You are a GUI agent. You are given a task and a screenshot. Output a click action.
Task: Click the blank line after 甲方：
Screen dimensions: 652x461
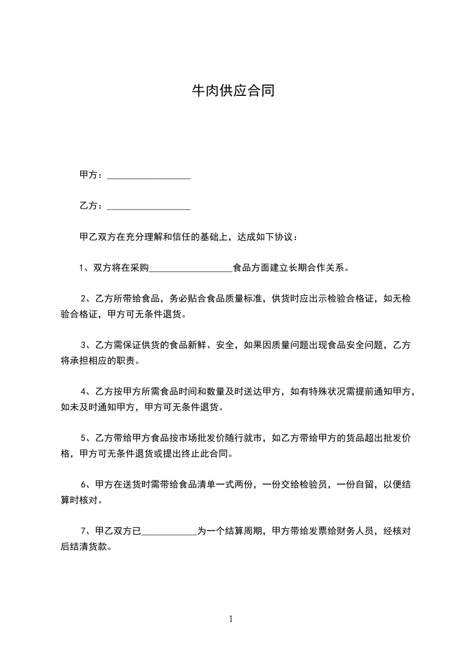coord(149,175)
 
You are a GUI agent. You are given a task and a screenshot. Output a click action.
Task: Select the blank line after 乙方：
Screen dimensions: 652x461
coord(149,206)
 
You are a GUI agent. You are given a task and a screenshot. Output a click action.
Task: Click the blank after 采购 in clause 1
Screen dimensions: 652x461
coord(191,268)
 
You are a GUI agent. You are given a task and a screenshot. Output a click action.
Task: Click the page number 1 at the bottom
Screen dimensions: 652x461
coord(231,619)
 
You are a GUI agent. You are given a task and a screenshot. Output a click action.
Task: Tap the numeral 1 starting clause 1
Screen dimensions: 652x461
coord(82,268)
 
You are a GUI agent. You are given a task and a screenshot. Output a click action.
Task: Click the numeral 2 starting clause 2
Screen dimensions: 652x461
coord(84,299)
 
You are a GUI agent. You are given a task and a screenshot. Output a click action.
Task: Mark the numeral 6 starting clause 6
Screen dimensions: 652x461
coord(84,484)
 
